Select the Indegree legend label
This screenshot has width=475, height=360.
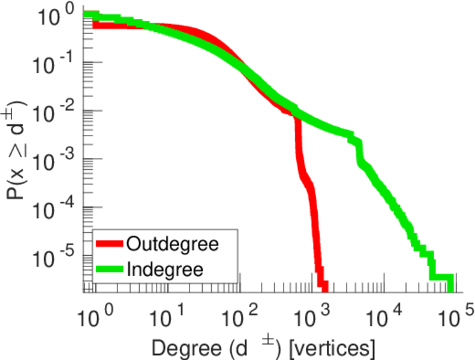[165, 268]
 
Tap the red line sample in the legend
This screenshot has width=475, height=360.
[109, 244]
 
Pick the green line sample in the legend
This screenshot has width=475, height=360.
[109, 268]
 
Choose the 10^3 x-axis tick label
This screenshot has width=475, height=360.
[311, 316]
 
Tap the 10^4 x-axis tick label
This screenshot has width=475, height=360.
[384, 316]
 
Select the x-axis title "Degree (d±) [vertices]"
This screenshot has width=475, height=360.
[264, 346]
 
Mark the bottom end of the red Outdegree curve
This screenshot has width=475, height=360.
[323, 287]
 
